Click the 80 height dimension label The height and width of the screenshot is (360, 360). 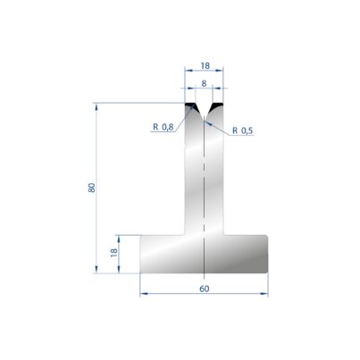92,188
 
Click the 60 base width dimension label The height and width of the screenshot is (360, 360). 205,289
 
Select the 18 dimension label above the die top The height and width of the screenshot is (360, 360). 205,65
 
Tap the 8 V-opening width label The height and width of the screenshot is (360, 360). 204,84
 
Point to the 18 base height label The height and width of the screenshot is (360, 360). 113,253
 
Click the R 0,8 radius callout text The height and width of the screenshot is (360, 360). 163,127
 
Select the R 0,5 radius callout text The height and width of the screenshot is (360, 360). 242,130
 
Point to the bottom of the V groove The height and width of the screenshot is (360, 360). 204,120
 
